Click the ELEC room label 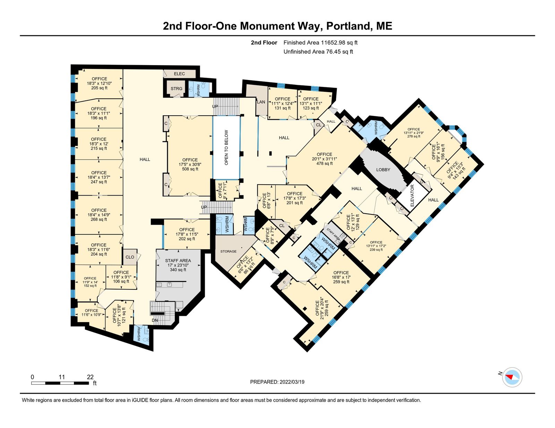tap(179, 74)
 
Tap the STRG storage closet tap(177, 88)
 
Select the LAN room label tap(261, 102)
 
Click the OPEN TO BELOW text tap(226, 148)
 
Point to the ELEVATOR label tap(412, 196)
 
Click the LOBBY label tap(383, 170)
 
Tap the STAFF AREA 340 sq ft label tap(178, 265)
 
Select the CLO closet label tap(130, 257)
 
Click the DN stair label tap(155, 320)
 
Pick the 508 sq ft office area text tap(190, 169)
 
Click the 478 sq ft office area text tap(324, 163)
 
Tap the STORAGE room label tap(228, 251)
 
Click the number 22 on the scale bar tap(90, 377)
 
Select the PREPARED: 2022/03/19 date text tap(277, 382)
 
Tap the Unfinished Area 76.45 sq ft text tap(318, 52)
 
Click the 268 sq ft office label tap(99, 219)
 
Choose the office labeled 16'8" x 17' tap(341, 277)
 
